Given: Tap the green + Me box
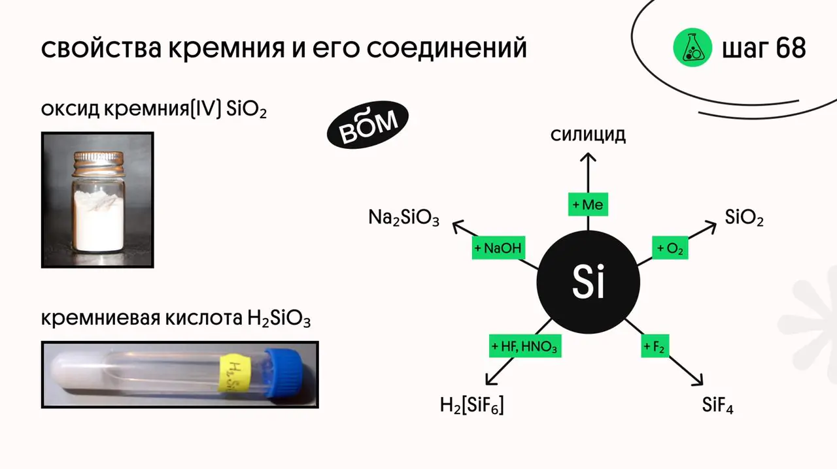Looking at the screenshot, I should (x=588, y=205).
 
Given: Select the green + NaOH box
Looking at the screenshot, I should (x=498, y=249).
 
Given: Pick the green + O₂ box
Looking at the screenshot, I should (x=670, y=249).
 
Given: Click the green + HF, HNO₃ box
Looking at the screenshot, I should (x=524, y=346).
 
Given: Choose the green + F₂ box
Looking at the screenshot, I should (x=654, y=346).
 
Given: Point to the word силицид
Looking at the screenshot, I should (x=588, y=135).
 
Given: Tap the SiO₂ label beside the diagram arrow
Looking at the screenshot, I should (x=744, y=218).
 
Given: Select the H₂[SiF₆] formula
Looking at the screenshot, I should (x=471, y=406).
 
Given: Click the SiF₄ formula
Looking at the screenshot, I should (x=717, y=405).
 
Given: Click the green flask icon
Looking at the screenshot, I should (x=692, y=48).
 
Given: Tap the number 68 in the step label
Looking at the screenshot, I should (x=791, y=48).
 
